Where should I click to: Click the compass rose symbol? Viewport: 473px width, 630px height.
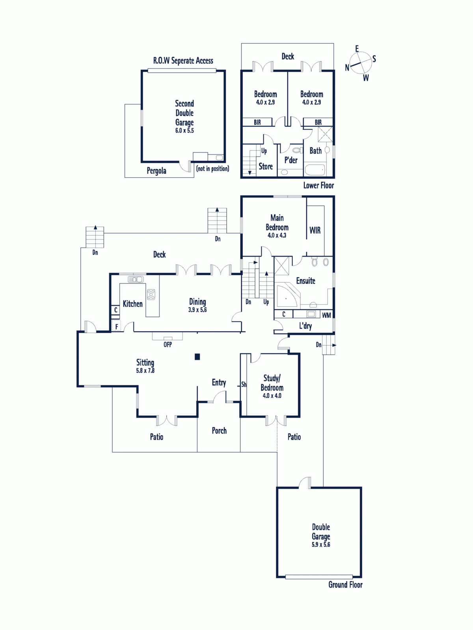pyautogui.click(x=361, y=63)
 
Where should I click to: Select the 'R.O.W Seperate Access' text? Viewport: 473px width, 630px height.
pyautogui.click(x=183, y=61)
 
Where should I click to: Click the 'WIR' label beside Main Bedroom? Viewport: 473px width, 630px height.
pyautogui.click(x=315, y=230)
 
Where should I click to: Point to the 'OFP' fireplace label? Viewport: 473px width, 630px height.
pyautogui.click(x=168, y=345)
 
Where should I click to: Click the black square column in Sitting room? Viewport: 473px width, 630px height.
pyautogui.click(x=197, y=357)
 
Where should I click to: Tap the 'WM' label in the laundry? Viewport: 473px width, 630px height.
pyautogui.click(x=326, y=315)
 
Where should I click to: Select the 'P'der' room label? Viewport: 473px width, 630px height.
pyautogui.click(x=291, y=160)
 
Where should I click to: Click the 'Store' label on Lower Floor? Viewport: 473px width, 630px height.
pyautogui.click(x=266, y=167)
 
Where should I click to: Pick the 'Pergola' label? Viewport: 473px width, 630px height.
pyautogui.click(x=156, y=171)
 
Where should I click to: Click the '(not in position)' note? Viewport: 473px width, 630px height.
pyautogui.click(x=212, y=169)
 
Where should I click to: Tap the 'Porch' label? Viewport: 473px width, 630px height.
pyautogui.click(x=219, y=431)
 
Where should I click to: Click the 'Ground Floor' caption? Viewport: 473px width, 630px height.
pyautogui.click(x=345, y=585)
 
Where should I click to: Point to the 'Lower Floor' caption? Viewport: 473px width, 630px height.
pyautogui.click(x=318, y=185)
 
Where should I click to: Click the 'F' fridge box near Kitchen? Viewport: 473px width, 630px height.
pyautogui.click(x=117, y=326)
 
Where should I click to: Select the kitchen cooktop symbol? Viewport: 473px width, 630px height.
pyautogui.click(x=151, y=294)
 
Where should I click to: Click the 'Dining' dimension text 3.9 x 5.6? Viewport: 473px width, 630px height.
pyautogui.click(x=197, y=310)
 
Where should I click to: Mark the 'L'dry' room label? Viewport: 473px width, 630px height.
pyautogui.click(x=305, y=326)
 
